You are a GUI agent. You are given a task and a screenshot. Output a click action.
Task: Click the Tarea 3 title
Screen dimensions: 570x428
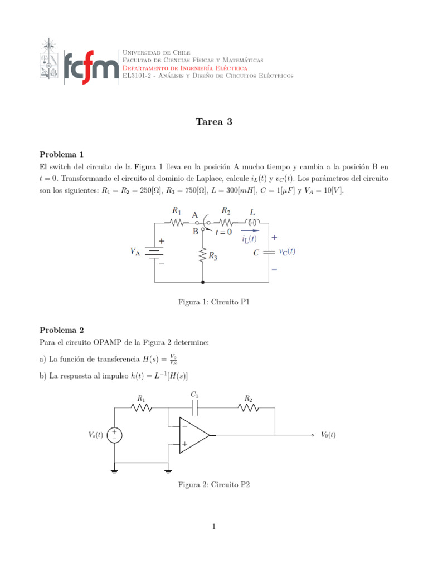point(213,122)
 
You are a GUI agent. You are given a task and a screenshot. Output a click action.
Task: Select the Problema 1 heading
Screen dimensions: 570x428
point(61,154)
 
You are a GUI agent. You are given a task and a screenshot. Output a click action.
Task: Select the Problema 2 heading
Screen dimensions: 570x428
point(61,330)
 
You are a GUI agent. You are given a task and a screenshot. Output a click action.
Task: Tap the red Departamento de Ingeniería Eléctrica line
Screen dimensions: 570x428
point(184,68)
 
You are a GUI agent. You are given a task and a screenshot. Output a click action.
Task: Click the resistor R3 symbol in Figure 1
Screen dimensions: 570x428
point(203,257)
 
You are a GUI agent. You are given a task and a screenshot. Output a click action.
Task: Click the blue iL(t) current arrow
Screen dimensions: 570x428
point(250,230)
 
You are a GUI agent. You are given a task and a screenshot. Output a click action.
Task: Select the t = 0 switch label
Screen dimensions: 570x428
point(224,232)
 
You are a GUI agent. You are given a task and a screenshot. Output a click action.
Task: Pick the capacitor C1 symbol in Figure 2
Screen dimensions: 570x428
point(194,408)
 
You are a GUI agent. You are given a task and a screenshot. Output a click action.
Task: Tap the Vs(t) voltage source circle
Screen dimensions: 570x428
point(115,435)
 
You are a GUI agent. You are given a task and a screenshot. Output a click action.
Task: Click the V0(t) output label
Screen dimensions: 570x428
point(328,435)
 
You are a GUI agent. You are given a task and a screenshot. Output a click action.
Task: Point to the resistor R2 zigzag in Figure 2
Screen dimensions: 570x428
point(248,408)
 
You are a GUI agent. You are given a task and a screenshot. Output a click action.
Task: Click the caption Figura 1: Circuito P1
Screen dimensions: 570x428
point(213,302)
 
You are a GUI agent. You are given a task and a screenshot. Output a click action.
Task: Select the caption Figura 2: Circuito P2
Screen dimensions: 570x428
point(213,485)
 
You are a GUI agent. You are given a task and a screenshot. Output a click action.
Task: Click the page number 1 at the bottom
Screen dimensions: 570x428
point(213,527)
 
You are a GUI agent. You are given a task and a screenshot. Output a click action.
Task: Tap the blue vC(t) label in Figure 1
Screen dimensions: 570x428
point(287,251)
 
